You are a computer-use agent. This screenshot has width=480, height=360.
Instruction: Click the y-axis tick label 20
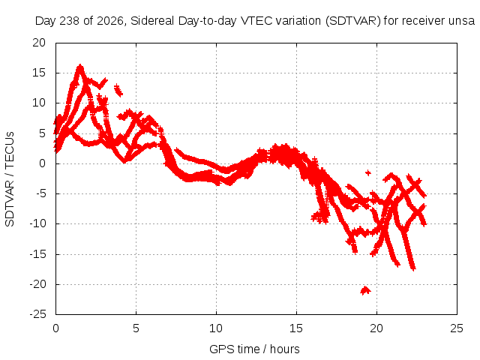(39, 43)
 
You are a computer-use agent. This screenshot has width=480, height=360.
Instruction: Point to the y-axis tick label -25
(38, 314)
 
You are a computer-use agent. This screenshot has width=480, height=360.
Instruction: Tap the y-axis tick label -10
(38, 223)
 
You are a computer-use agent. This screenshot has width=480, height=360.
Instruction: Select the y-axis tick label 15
(39, 73)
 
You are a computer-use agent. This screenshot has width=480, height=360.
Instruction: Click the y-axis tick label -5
(40, 193)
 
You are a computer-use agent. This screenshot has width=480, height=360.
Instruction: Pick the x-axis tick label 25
(457, 328)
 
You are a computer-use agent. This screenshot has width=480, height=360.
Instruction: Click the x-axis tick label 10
(216, 328)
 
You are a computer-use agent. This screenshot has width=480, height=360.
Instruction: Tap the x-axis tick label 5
(136, 328)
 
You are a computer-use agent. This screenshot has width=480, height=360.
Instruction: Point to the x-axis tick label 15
(296, 328)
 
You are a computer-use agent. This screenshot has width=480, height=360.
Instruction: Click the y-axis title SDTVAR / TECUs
(10, 179)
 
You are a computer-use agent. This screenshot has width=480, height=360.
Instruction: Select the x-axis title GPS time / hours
(254, 349)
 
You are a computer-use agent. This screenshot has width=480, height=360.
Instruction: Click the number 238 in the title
(70, 21)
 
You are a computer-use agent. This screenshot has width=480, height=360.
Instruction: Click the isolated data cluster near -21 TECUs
(365, 290)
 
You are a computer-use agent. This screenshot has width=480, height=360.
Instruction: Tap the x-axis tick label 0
(55, 328)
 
